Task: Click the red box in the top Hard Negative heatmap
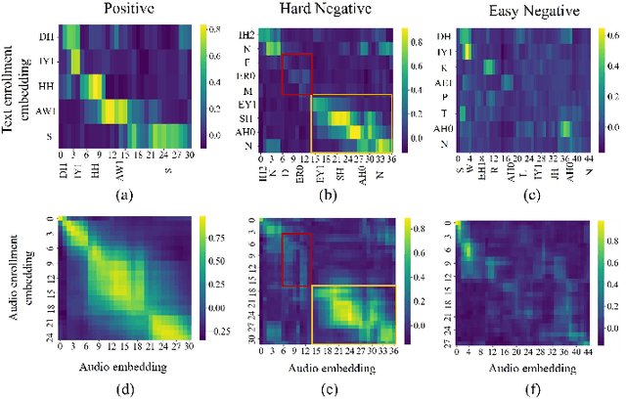pyautogui.click(x=296, y=75)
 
